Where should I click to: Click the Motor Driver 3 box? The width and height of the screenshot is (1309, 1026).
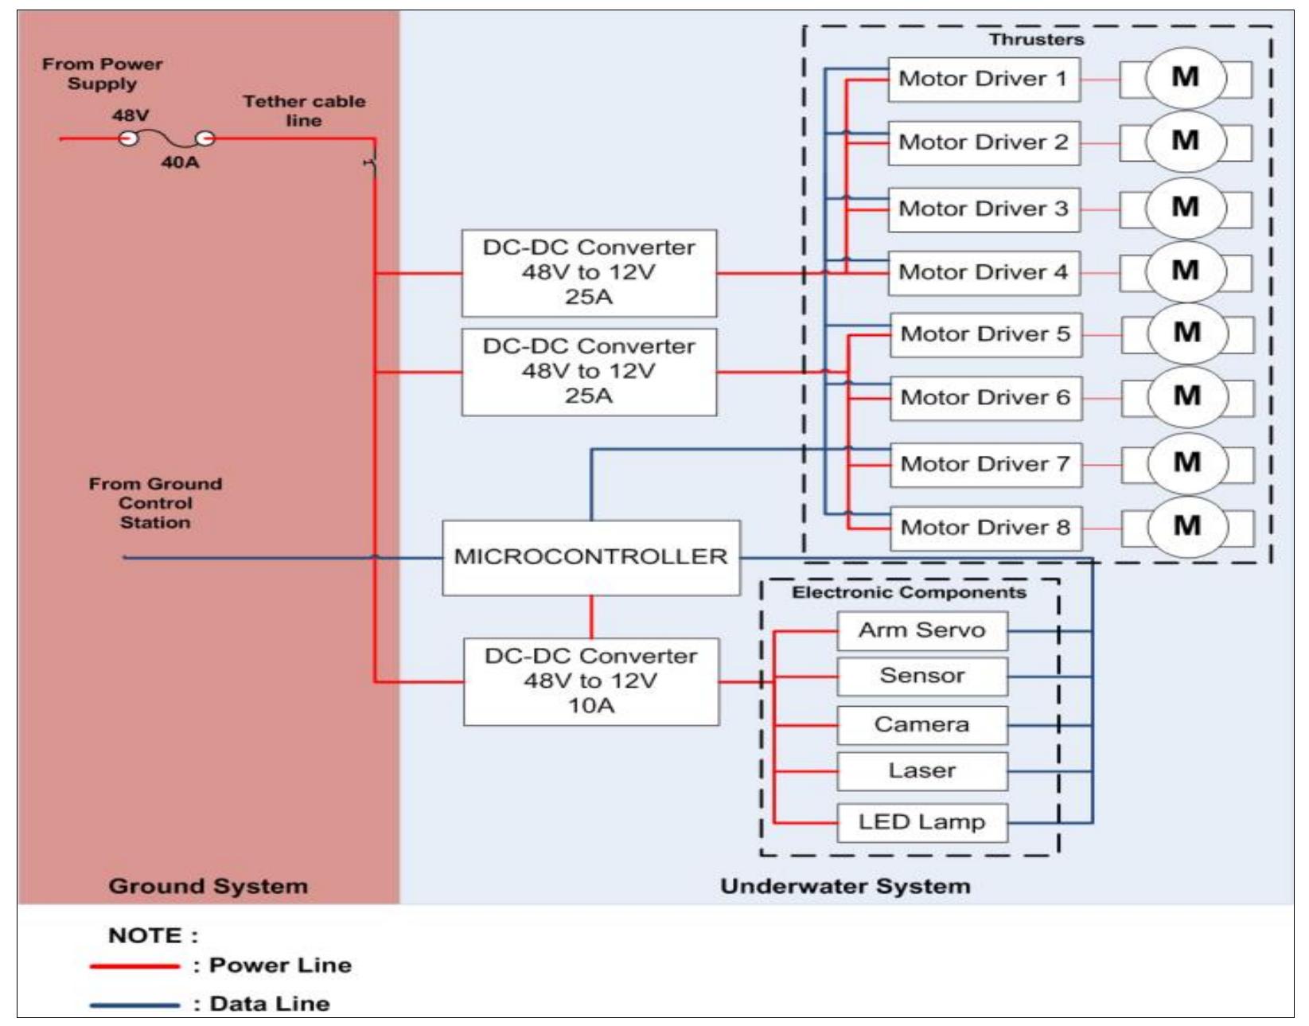coord(984,209)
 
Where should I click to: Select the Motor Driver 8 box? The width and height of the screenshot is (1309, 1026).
coord(985,528)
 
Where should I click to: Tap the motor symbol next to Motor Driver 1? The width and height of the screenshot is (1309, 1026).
coord(1186,78)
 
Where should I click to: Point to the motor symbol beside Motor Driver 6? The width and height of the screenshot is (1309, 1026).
coord(1187,396)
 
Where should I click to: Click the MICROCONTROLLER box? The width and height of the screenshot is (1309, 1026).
coord(590,557)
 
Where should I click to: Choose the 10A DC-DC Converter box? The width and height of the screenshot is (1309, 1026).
coord(590,681)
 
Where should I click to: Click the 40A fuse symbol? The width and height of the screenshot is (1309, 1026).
coord(167,139)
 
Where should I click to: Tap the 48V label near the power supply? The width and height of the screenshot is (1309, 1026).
coord(130,115)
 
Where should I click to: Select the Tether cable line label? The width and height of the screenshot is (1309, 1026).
coord(304,111)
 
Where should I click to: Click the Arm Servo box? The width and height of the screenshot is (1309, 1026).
coord(921,630)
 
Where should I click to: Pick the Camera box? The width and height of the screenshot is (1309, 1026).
coord(921,724)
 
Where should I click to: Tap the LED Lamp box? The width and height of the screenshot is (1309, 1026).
coord(921,821)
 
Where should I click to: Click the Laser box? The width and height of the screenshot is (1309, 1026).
coord(921,770)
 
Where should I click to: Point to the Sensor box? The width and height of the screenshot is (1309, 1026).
coord(921,676)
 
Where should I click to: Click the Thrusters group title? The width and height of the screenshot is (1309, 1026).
coord(1036,40)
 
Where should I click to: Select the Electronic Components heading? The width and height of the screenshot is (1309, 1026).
coord(909,592)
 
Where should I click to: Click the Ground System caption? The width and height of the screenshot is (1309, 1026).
coord(208,886)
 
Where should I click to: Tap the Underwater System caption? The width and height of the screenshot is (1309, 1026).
coord(845,886)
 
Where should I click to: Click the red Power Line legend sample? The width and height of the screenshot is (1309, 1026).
coord(134,966)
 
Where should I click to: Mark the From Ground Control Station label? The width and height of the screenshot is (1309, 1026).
coord(155,503)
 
